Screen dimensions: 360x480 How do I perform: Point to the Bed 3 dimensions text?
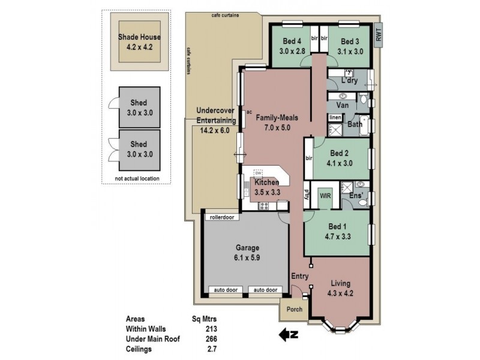[351, 52]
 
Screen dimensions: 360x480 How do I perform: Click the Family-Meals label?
[277, 118]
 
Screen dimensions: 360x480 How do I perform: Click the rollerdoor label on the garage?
[221, 217]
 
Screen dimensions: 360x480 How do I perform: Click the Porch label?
[294, 310]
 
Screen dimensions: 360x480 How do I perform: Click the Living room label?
[340, 284]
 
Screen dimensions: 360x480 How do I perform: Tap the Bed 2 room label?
[339, 153]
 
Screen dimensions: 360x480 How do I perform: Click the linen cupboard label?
[335, 118]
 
